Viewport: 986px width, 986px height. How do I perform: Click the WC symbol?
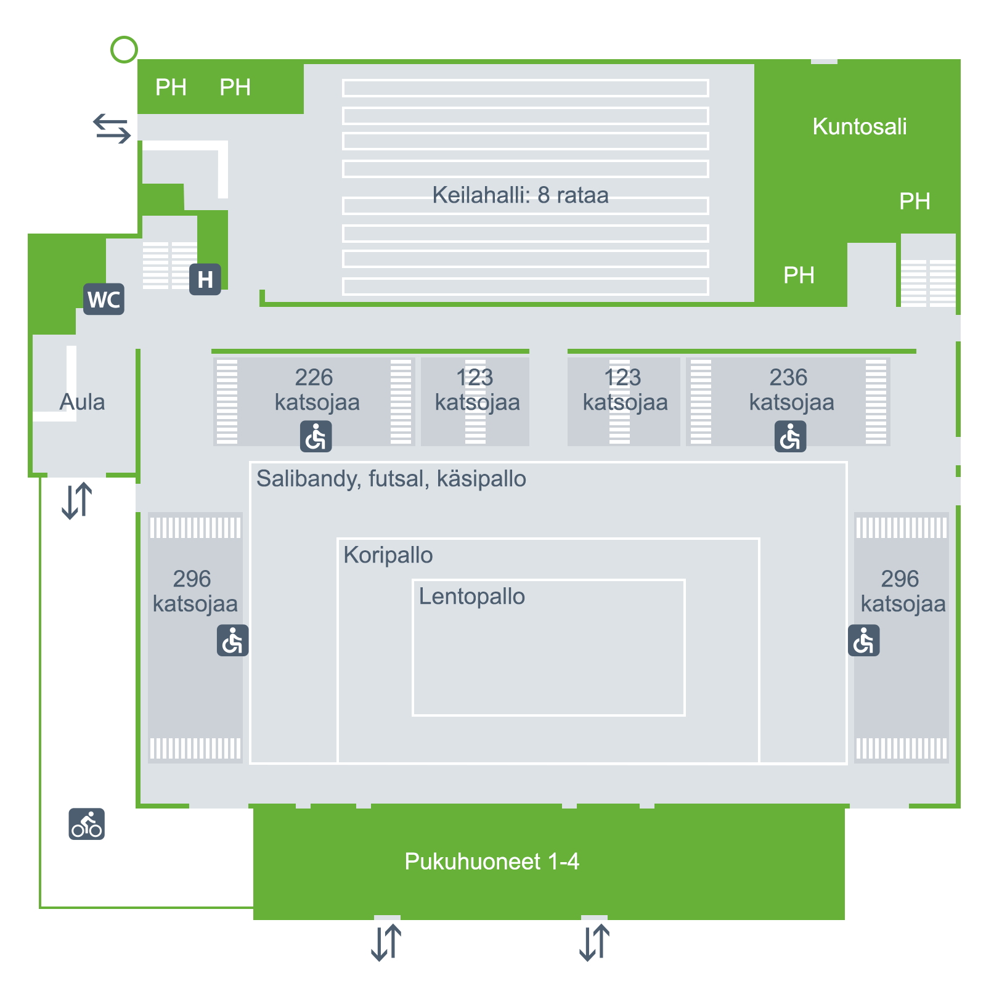coord(104,299)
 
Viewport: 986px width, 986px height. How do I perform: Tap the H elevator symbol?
coord(205,279)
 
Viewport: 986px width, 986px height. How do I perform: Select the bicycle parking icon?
coord(87,824)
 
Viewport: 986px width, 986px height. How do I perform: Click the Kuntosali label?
coord(859,126)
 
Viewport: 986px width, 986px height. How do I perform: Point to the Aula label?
coord(82,402)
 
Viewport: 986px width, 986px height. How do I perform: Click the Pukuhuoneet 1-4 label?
coord(492,861)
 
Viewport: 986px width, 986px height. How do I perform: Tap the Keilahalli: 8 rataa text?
coord(520,195)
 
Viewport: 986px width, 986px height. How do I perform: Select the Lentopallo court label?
coord(471,597)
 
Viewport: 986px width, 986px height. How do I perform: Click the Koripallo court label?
coord(388,555)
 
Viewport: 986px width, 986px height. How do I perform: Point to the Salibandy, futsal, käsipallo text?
coord(391,479)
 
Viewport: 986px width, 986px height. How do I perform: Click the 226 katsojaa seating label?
coord(317,389)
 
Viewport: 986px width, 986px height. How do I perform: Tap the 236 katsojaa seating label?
coord(791,389)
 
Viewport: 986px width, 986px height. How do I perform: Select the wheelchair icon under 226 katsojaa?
coord(316,436)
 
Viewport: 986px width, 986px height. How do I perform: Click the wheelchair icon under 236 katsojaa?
coord(790,436)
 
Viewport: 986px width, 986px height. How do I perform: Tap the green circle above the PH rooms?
coord(124,49)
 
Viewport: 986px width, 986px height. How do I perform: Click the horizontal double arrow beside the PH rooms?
coord(112,128)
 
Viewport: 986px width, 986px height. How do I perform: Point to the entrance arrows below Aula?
coord(77,500)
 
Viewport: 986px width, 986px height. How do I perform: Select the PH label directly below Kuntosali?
coord(915,202)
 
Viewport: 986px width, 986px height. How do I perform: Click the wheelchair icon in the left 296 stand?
coord(233,640)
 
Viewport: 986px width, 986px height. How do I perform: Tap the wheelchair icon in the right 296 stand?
coord(863,640)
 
